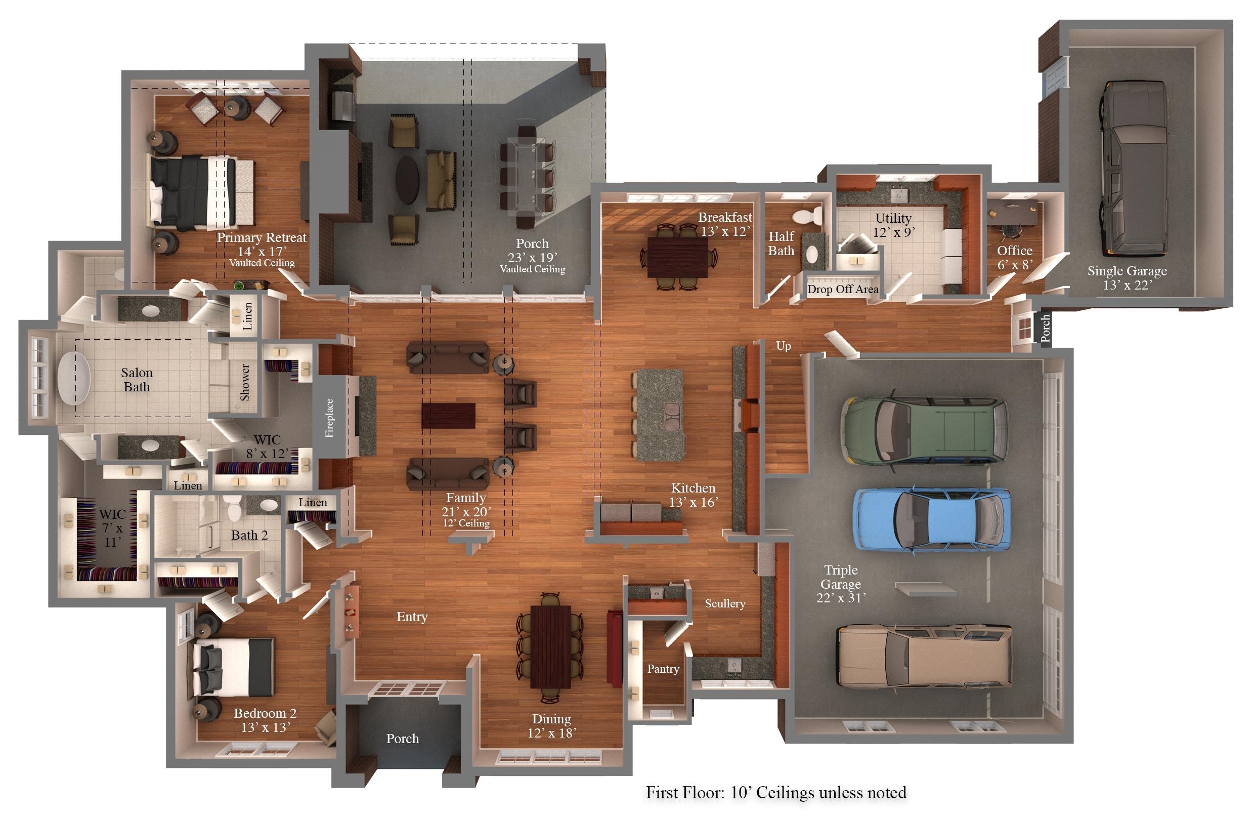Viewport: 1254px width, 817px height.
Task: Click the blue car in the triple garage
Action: pyautogui.click(x=932, y=520)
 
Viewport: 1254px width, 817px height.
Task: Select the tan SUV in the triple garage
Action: pyautogui.click(x=925, y=656)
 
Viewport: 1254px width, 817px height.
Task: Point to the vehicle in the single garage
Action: pyautogui.click(x=1133, y=169)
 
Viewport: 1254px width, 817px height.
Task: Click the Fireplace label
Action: pyautogui.click(x=329, y=418)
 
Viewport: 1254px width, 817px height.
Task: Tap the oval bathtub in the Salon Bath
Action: pyautogui.click(x=74, y=378)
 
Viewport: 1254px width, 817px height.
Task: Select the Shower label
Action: pyautogui.click(x=245, y=382)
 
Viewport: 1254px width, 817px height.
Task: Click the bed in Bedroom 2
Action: pyautogui.click(x=233, y=668)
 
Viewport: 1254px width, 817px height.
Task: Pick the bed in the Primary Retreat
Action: pyautogui.click(x=202, y=192)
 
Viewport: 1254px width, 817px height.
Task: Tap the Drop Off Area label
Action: pyautogui.click(x=843, y=290)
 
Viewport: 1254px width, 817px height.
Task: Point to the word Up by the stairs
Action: pyautogui.click(x=784, y=346)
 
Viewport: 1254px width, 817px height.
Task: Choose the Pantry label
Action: pyautogui.click(x=663, y=669)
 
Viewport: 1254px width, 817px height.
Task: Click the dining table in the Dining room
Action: pyautogui.click(x=550, y=647)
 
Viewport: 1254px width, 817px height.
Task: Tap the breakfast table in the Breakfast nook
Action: pyautogui.click(x=677, y=257)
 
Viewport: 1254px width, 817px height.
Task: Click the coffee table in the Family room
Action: pyautogui.click(x=448, y=416)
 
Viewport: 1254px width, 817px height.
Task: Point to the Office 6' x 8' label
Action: pyautogui.click(x=1015, y=257)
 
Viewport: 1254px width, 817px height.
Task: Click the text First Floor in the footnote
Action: pyautogui.click(x=685, y=792)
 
